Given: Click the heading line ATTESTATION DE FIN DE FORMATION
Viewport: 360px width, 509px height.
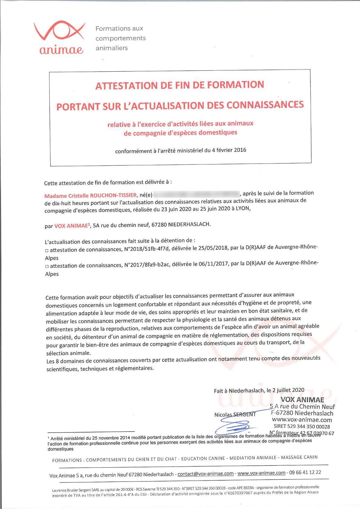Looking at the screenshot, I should (180, 85).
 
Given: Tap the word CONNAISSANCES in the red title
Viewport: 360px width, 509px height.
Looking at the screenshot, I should (265, 105).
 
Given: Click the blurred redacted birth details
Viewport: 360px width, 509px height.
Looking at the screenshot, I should (196, 193).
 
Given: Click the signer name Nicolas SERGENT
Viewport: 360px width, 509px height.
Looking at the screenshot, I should (235, 414).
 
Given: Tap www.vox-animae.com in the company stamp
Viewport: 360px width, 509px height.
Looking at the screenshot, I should (302, 420).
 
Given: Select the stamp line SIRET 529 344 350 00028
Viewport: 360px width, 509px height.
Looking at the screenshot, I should (302, 426).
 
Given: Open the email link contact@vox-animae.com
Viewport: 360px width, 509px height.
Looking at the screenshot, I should (205, 474).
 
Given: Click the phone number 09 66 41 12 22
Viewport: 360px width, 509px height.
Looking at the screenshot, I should (305, 472).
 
